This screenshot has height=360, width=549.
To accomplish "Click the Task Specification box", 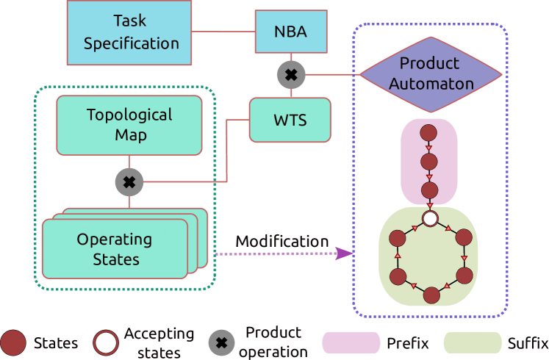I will [x=131, y=32].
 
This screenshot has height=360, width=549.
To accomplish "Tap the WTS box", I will [x=290, y=120].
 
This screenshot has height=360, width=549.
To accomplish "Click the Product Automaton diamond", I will [x=431, y=73].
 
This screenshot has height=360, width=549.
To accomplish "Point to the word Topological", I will [x=129, y=115].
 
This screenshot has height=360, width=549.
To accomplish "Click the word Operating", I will [x=114, y=240].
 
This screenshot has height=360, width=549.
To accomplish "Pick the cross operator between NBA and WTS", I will [x=291, y=74].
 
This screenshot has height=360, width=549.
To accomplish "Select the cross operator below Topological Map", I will [x=129, y=181].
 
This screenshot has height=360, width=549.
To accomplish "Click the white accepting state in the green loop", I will [x=431, y=218].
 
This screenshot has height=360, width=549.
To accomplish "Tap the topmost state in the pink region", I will [x=430, y=134].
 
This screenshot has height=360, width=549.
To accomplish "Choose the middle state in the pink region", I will [x=430, y=162].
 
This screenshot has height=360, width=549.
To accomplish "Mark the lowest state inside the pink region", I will [x=430, y=190].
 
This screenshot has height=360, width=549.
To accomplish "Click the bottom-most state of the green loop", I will [x=431, y=295].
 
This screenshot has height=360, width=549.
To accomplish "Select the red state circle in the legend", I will [x=13, y=342].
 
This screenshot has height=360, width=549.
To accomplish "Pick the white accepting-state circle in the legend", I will [x=106, y=342].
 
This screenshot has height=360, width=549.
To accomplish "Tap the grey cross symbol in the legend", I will [x=221, y=342].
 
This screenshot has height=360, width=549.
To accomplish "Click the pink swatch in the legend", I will [x=351, y=342].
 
